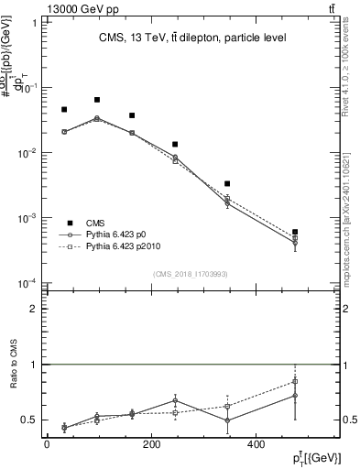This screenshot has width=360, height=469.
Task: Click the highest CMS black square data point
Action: [x=97, y=100]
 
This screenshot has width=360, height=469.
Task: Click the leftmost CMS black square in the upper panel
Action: [x=64, y=110]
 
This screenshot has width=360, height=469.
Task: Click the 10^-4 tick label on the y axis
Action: [x=26, y=283]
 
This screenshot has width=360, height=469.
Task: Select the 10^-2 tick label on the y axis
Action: [x=26, y=153]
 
